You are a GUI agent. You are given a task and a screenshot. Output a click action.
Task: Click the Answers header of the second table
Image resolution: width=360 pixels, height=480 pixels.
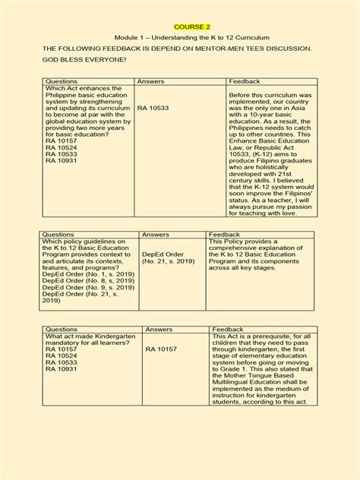tap(156, 235)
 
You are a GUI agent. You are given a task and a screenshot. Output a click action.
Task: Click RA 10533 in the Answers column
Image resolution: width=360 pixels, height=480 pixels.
tap(153, 109)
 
